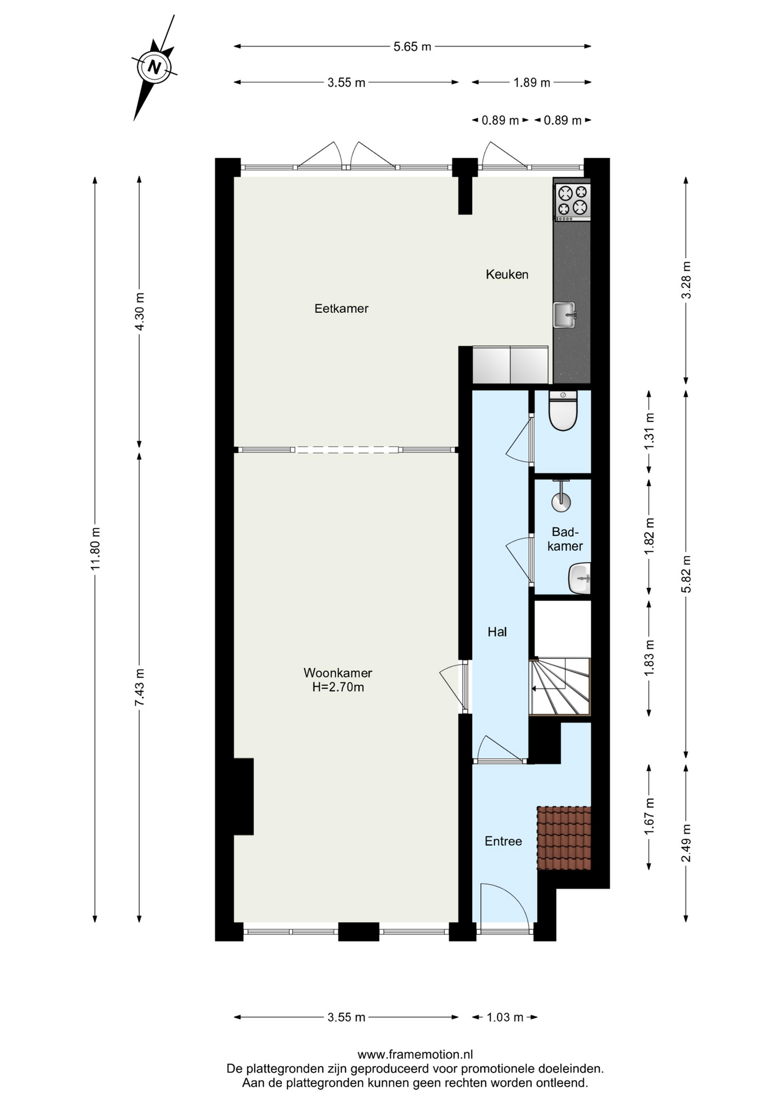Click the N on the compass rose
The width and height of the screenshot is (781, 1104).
point(154,67)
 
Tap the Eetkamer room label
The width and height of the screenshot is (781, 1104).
point(341,308)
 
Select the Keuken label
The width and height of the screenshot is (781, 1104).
point(507,274)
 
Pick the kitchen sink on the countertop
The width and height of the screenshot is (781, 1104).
point(564,315)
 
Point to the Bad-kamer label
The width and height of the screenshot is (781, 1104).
point(565,539)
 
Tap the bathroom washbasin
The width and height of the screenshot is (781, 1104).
point(580,578)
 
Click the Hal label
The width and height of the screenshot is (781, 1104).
point(497,632)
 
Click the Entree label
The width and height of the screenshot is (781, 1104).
point(503,841)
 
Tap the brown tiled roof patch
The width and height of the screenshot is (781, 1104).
point(564,838)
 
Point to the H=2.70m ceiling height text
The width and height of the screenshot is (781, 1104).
point(338,687)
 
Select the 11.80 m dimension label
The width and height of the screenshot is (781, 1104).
point(95,549)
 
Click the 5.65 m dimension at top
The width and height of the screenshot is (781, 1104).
point(412,47)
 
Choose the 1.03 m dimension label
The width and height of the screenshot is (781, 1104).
point(505,1017)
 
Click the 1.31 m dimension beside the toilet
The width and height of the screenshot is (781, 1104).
point(649,431)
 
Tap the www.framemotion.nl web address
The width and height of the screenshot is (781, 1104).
point(415,1055)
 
